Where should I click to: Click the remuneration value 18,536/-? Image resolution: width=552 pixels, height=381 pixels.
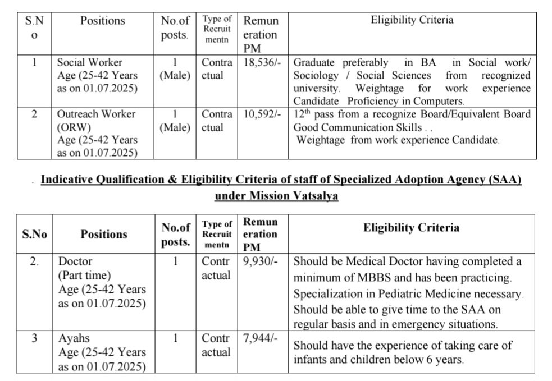261,62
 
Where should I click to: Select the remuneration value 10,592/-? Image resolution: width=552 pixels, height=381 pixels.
261,114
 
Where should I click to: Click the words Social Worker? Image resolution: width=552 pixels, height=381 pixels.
89,62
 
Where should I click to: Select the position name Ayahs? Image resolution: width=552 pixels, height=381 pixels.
74,339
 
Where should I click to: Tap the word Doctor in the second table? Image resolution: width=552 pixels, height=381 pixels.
75,262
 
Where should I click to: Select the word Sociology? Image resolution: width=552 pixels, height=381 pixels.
316,75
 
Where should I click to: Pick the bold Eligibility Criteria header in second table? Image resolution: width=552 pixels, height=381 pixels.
411,227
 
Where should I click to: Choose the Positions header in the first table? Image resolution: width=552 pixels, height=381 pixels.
102,21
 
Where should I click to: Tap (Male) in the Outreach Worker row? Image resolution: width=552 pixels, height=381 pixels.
175,127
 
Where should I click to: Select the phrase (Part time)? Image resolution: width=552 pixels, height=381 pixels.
85,276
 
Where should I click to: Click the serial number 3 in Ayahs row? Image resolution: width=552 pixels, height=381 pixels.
35,339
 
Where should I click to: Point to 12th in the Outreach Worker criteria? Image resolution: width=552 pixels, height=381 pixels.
303,114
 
